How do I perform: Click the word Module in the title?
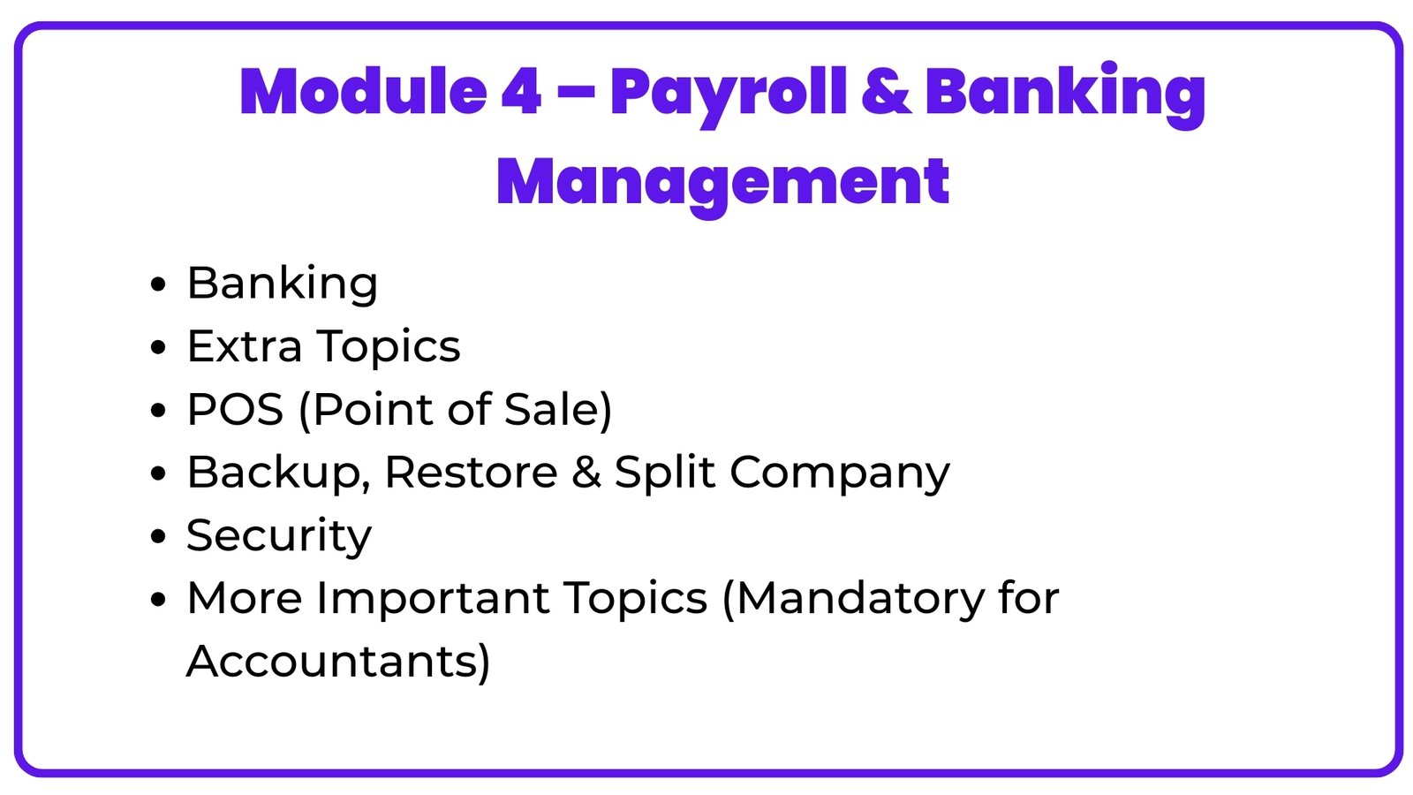click(x=362, y=92)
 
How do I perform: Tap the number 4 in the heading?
click(x=521, y=92)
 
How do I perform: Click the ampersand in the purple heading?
click(x=885, y=92)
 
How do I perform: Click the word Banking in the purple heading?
click(x=1064, y=94)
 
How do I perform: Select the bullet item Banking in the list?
click(x=282, y=284)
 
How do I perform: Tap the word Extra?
click(x=245, y=346)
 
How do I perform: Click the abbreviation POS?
click(x=235, y=410)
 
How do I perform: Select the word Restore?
click(x=471, y=473)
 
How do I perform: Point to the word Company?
click(x=839, y=474)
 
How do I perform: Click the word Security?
click(x=279, y=536)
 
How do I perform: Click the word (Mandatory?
click(x=852, y=599)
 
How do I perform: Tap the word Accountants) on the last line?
click(x=337, y=662)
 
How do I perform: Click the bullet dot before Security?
click(x=158, y=537)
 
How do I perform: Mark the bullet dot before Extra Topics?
click(x=158, y=347)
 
